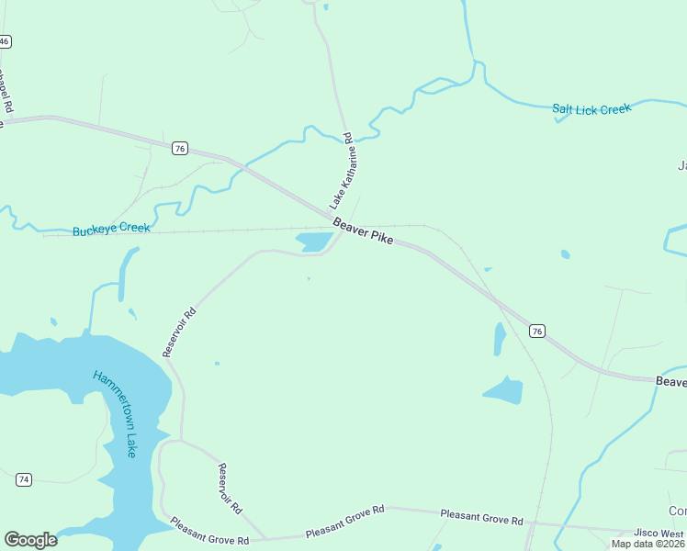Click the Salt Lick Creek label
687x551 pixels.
point(591,109)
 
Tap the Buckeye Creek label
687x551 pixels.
point(110,228)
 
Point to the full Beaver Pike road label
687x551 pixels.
point(363,231)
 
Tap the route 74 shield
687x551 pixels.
point(24,479)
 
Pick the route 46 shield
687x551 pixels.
point(5,42)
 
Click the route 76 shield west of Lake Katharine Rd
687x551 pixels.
point(180,148)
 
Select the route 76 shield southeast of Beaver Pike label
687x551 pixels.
point(537,331)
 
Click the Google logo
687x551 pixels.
point(30,540)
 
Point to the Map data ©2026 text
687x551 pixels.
point(648,544)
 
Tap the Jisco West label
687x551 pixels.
point(659,533)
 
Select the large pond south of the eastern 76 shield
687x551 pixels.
point(503,391)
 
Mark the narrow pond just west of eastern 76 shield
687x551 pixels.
point(500,338)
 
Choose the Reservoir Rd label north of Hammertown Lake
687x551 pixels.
point(179,332)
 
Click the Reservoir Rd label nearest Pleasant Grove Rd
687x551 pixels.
point(230,488)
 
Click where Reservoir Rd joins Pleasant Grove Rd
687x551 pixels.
point(265,538)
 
